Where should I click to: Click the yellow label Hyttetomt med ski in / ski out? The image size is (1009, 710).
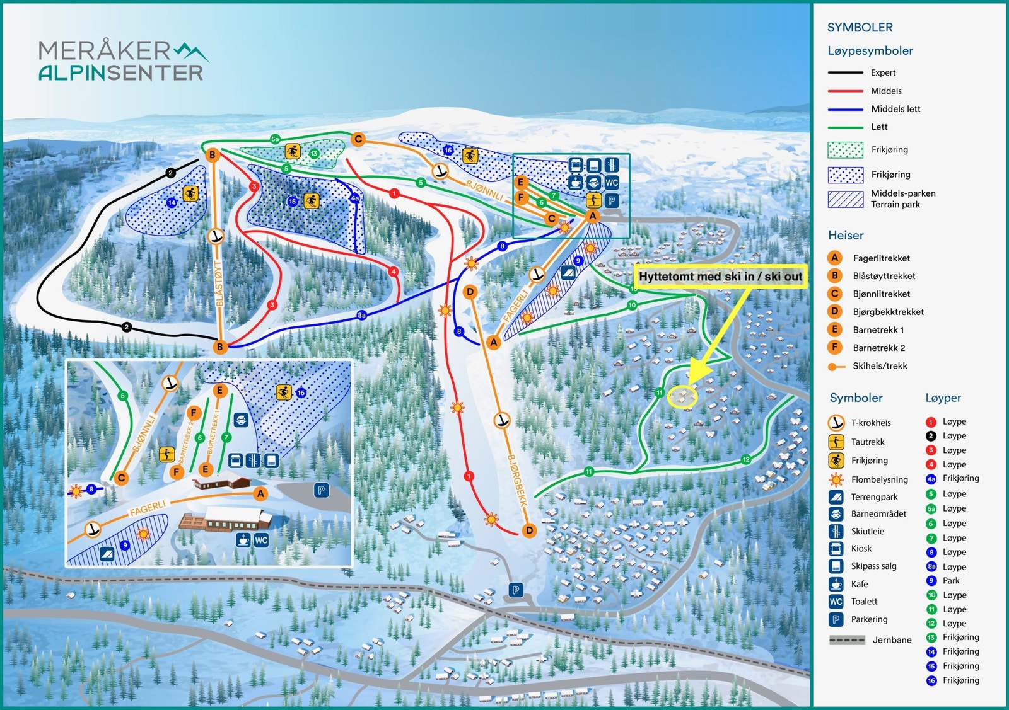[720, 277]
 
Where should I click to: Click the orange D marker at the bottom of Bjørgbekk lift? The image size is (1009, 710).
[529, 530]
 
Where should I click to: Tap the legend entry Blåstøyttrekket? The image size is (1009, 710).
[884, 276]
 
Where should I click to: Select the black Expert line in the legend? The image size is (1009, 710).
[845, 73]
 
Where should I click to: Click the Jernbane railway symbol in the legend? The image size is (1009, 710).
[846, 640]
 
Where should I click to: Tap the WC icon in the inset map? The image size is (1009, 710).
[261, 540]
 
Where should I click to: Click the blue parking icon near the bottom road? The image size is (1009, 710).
[516, 590]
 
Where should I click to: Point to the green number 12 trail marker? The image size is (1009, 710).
[745, 459]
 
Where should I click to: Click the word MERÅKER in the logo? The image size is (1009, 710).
[104, 50]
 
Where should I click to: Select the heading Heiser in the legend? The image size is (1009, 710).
[846, 235]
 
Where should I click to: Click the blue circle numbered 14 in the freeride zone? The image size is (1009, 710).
[172, 203]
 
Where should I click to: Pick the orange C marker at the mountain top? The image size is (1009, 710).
[358, 139]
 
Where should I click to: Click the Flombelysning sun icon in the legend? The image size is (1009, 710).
[836, 479]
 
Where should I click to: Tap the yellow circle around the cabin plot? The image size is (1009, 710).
[682, 397]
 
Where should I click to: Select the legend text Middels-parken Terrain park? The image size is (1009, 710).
[902, 199]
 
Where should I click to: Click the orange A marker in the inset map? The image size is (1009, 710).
[260, 494]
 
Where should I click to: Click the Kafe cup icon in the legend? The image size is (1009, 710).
[836, 584]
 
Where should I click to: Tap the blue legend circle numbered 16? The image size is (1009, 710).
[931, 680]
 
